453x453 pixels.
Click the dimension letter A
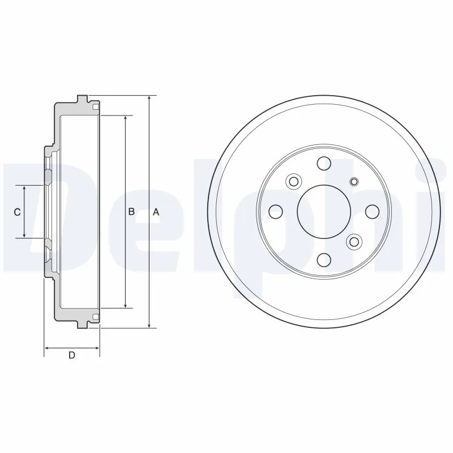(156, 212)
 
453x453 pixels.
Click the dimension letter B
(131, 212)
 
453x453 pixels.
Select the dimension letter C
(18, 212)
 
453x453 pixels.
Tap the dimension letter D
(72, 356)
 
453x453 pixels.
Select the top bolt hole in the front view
(324, 163)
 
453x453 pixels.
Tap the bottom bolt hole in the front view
(324, 260)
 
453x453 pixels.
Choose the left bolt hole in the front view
(276, 212)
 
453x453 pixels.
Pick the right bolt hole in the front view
(372, 212)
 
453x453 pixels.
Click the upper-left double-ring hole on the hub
(293, 182)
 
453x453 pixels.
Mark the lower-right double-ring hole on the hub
(354, 242)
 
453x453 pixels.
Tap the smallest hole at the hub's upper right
(354, 182)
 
